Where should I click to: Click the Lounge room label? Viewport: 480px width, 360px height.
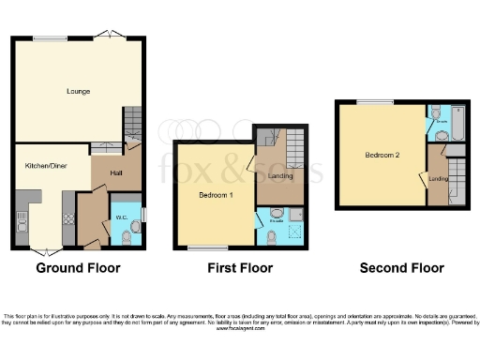[78, 92]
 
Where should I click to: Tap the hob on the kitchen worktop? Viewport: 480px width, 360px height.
[68, 219]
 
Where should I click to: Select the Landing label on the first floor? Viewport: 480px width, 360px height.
[279, 175]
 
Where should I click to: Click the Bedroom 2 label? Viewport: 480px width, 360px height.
[382, 155]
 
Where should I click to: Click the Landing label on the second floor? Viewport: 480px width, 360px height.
[437, 178]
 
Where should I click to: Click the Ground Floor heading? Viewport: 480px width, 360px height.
[78, 268]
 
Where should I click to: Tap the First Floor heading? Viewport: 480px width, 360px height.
[240, 268]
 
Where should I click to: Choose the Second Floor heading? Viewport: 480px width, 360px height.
[402, 268]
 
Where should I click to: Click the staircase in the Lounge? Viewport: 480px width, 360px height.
[132, 122]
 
